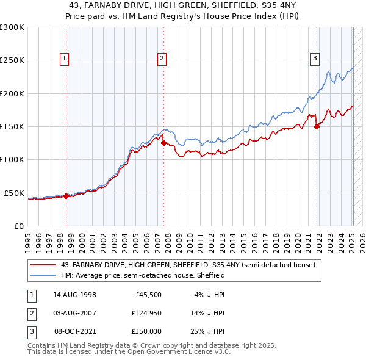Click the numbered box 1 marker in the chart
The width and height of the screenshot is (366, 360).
pos(65,59)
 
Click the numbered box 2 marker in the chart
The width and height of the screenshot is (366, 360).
pos(162,59)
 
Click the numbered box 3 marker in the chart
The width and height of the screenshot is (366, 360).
pos(315,59)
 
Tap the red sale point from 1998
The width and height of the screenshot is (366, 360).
pos(66,196)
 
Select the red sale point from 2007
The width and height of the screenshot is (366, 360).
pos(163,143)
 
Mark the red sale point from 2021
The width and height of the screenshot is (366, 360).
pos(317,127)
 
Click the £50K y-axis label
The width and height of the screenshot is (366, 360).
pos(14,193)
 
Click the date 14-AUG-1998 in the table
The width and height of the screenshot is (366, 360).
pos(74,295)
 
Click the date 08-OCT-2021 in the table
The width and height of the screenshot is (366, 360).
pos(75,331)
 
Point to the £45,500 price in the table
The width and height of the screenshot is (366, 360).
pos(145,295)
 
